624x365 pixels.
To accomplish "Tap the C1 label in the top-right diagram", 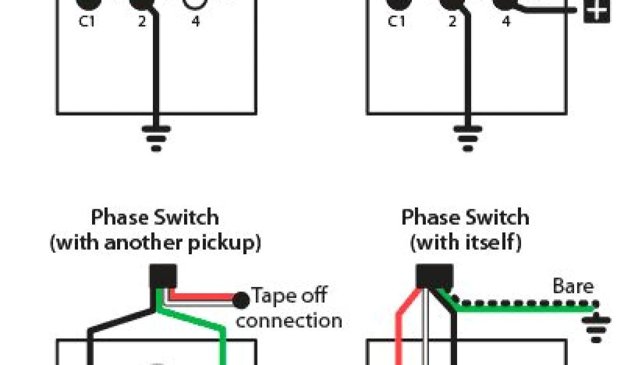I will [x=397, y=22].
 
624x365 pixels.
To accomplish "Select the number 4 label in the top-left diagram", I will [x=196, y=22].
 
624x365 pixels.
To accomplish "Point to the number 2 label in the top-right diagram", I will [x=452, y=22].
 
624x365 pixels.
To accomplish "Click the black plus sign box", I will [x=597, y=11].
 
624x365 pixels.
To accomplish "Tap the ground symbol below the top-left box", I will [x=157, y=137].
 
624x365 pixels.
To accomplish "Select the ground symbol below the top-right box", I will [x=467, y=137].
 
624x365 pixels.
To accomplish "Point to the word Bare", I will [x=573, y=286].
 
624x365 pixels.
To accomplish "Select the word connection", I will [x=289, y=321].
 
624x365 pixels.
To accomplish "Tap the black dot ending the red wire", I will [x=241, y=300].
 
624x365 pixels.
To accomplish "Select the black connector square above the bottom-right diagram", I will [x=434, y=276].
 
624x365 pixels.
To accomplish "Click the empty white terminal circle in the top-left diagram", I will [x=196, y=2].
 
